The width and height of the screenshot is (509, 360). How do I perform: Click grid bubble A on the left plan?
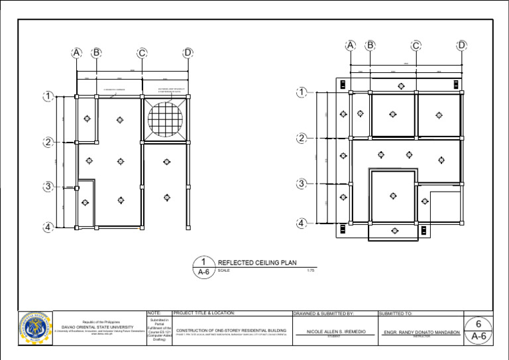(x=77, y=53)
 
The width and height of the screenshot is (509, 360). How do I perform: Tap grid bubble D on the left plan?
(x=188, y=53)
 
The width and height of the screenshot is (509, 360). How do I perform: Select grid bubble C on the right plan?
(x=416, y=46)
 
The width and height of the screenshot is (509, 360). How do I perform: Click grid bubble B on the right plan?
(x=370, y=46)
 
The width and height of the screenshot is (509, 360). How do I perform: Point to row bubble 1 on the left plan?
(x=48, y=97)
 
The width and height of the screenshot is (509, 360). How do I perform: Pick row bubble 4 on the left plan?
(x=48, y=227)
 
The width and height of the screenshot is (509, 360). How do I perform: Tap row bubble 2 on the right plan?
(x=302, y=139)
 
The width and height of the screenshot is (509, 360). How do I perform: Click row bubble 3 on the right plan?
(x=302, y=184)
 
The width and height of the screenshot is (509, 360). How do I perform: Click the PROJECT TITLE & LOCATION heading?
(x=203, y=313)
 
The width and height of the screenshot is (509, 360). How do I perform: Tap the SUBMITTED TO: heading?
(x=396, y=313)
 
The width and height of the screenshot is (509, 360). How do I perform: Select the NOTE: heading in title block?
(x=154, y=313)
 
